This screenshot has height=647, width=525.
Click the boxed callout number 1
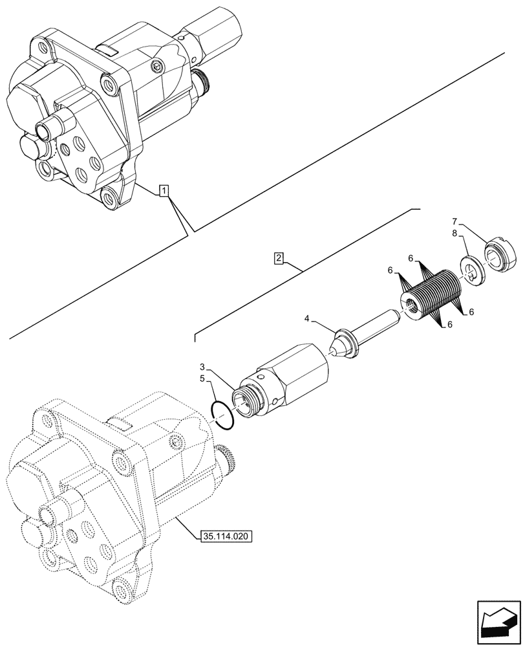click(164, 191)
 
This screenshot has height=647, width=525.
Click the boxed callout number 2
click(278, 259)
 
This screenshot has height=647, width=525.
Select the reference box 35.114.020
click(226, 536)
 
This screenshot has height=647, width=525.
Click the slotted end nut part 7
click(500, 254)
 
